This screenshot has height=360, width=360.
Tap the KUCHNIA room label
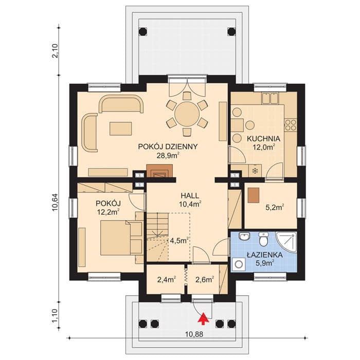(263, 139)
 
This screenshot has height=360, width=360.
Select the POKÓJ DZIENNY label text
(168, 147)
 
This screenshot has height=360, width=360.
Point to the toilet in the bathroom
(263, 239)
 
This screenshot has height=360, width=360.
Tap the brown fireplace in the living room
(159, 171)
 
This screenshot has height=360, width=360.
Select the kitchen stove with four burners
(291, 125)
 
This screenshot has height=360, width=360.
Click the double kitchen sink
(270, 98)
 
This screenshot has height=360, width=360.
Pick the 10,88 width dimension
(194, 334)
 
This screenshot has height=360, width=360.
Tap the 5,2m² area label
(275, 207)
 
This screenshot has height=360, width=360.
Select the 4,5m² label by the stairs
(179, 241)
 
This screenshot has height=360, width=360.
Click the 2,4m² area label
(167, 279)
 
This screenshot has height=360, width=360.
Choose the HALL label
(190, 195)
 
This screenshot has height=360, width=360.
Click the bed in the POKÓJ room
(121, 238)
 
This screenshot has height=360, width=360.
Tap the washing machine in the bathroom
(239, 264)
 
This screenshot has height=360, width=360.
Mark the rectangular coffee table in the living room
(121, 129)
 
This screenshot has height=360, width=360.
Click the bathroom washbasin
(244, 236)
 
